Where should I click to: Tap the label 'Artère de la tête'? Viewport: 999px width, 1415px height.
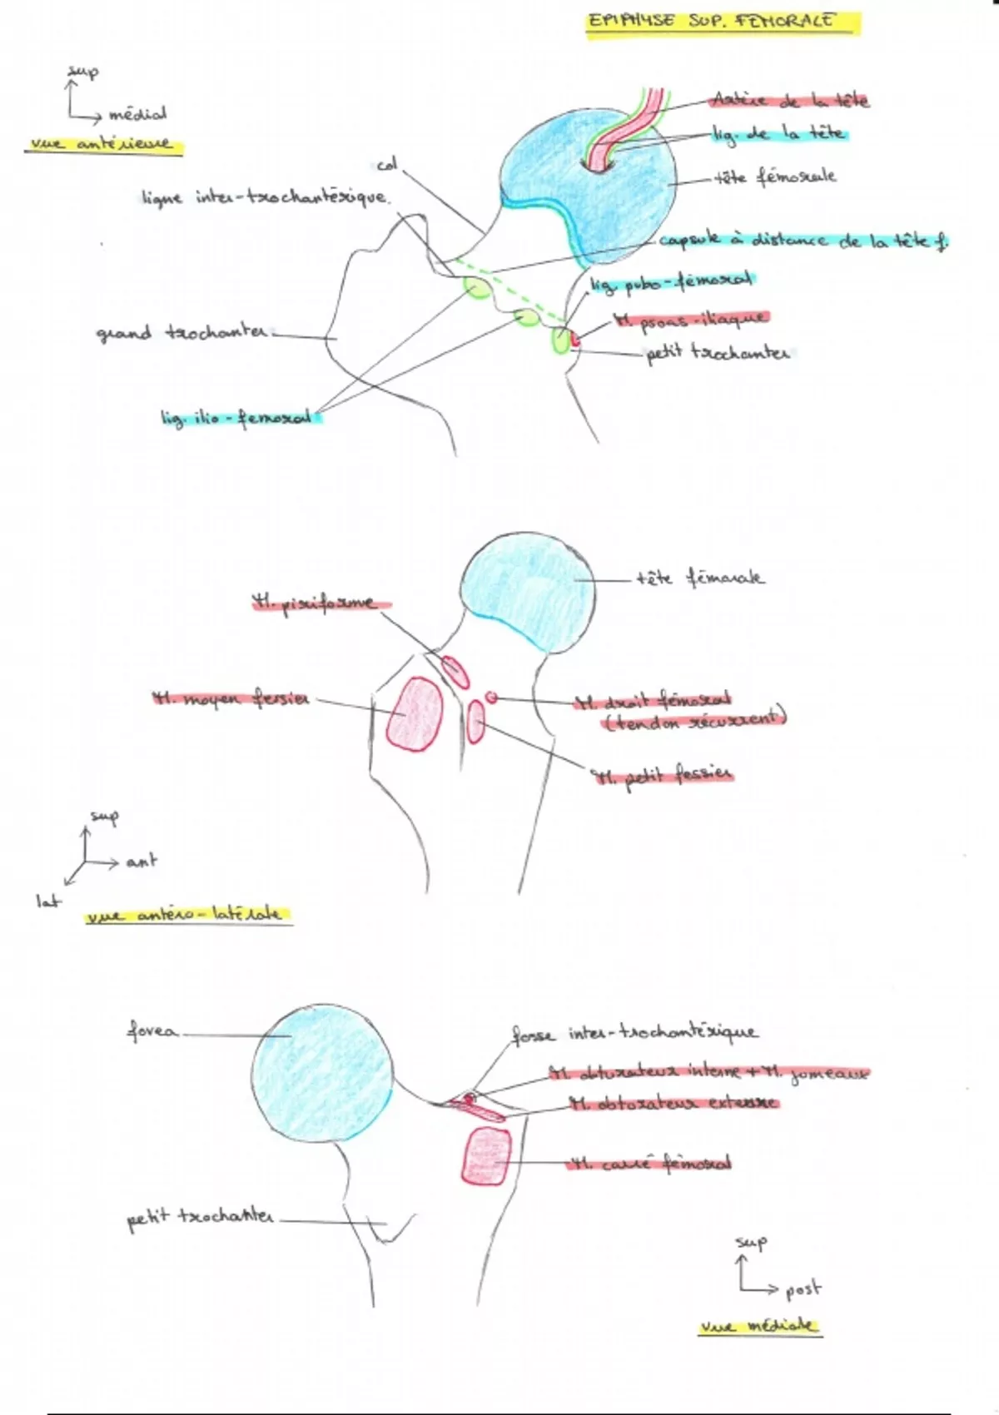pos(789,101)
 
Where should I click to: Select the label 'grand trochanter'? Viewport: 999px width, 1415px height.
pos(182,333)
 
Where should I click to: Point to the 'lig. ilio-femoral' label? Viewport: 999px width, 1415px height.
pos(240,417)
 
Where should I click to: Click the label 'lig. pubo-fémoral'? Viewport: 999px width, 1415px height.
pos(671,283)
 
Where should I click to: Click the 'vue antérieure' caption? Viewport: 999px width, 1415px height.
pos(102,144)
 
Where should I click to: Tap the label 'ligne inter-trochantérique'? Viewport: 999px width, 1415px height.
pos(265,198)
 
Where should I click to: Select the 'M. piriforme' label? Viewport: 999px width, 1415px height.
pos(316,603)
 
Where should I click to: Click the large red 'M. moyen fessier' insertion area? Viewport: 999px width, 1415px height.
pos(415,712)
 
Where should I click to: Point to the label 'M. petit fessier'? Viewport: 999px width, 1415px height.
pos(662,776)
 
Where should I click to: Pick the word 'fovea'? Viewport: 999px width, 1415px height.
pos(152,1032)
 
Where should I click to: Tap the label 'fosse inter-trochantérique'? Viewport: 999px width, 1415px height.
pos(634,1033)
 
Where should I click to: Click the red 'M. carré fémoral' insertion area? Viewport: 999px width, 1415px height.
pos(486,1154)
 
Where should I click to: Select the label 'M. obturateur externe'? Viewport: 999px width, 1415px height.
pos(673,1104)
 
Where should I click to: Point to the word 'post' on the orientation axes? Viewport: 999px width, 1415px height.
pos(803,1289)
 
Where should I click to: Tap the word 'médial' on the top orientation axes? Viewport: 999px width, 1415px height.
pos(137,113)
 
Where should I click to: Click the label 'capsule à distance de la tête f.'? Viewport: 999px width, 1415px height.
pos(803,241)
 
